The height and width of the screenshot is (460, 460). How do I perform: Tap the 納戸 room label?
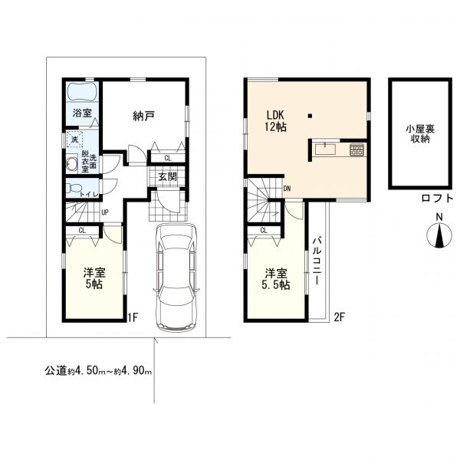(143, 116)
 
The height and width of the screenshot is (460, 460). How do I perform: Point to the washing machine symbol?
(74, 140)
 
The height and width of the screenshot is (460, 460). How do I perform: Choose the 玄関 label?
(167, 176)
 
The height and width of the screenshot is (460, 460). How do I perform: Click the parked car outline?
(176, 276)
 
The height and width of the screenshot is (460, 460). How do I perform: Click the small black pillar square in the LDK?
(310, 117)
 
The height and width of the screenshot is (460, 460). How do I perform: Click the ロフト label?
(436, 198)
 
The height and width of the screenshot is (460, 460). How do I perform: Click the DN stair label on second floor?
(286, 188)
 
